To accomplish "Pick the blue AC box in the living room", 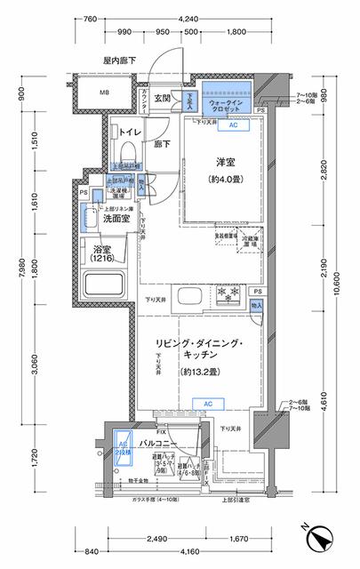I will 207,404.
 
